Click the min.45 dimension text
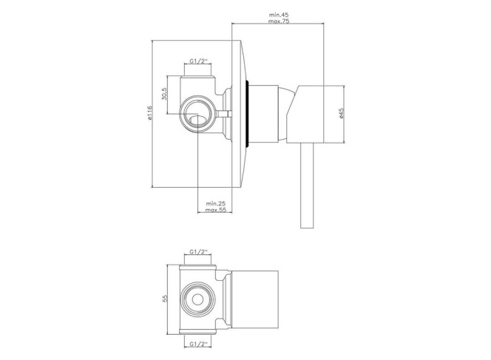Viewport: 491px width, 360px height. [x=278, y=15]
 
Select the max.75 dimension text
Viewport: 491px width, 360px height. [x=278, y=21]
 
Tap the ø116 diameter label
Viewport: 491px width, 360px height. [x=149, y=113]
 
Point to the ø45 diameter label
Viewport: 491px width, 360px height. [x=341, y=113]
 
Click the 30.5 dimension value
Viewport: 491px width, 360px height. [x=165, y=94]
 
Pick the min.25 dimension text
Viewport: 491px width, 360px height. [x=216, y=203]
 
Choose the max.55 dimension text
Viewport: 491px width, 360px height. [x=216, y=210]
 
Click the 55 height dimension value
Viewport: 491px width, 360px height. [x=166, y=299]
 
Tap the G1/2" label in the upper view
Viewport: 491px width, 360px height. [x=198, y=61]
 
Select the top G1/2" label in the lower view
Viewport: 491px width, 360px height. [x=198, y=251]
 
